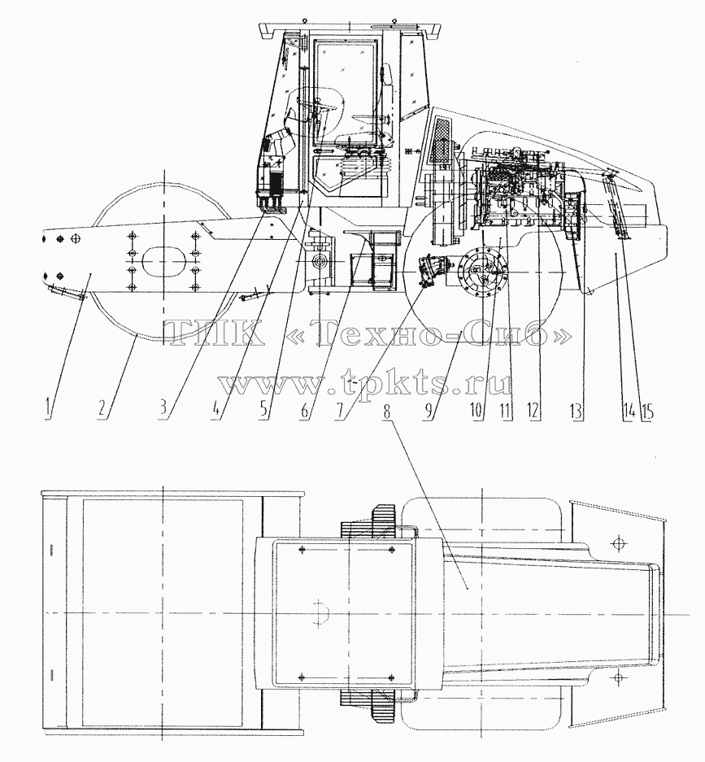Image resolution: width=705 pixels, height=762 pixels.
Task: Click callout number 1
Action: tap(47, 407)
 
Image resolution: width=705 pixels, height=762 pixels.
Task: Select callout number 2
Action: tap(101, 407)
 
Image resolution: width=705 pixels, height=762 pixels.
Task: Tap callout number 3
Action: tap(165, 407)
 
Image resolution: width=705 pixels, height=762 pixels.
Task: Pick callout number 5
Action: tap(263, 407)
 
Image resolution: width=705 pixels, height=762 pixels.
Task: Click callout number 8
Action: tap(387, 411)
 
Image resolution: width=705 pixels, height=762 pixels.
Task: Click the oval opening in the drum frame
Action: tap(163, 263)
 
